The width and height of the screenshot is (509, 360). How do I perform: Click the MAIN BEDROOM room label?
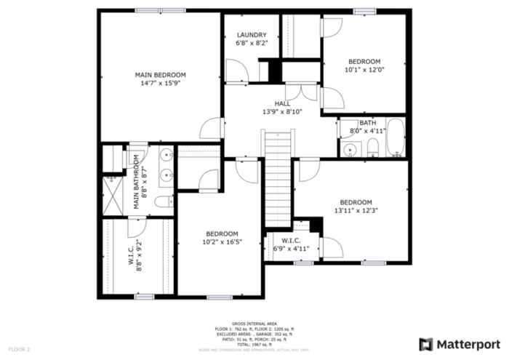point(160,75)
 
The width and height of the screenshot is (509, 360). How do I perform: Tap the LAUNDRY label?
point(251,35)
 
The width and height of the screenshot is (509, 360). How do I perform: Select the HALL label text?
point(282,103)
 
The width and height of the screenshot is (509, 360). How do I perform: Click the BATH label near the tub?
point(367,123)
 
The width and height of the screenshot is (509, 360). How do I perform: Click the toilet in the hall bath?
point(372,148)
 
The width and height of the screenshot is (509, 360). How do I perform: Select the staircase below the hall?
point(278,178)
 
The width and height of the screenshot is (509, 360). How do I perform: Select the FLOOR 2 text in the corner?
point(20,350)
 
